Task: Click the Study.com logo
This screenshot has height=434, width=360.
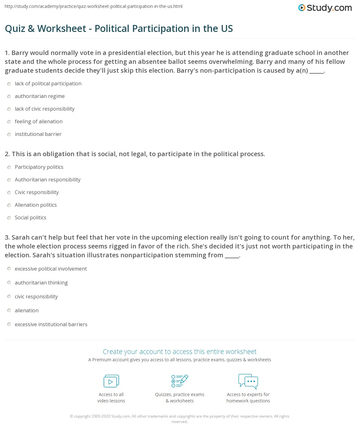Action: coord(325,8)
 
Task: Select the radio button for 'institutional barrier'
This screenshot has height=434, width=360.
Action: coord(9,134)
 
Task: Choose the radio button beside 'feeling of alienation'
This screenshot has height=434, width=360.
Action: coord(9,122)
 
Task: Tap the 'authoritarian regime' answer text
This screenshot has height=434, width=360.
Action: coord(40,96)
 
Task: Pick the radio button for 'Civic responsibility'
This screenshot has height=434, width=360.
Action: coord(9,193)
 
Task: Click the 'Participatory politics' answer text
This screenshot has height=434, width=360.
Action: coord(39,167)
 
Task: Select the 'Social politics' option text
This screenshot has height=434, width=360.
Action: coord(31,217)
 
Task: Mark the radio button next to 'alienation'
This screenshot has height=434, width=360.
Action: coord(9,310)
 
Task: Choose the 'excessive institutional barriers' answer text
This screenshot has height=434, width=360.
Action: coord(51,324)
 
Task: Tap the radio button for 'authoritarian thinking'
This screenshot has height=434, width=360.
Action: coord(9,283)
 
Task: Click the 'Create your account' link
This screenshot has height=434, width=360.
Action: coord(180,351)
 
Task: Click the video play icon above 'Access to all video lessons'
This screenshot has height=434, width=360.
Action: coord(111,381)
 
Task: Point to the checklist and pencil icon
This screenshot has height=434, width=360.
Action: coord(180,381)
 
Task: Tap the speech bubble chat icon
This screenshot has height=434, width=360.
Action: coord(248,381)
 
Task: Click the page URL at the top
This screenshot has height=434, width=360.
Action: coord(94,6)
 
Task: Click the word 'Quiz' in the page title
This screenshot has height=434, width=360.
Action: coord(15,28)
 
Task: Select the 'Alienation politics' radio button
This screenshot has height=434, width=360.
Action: coord(9,205)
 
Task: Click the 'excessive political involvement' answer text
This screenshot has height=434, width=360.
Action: coord(51,269)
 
